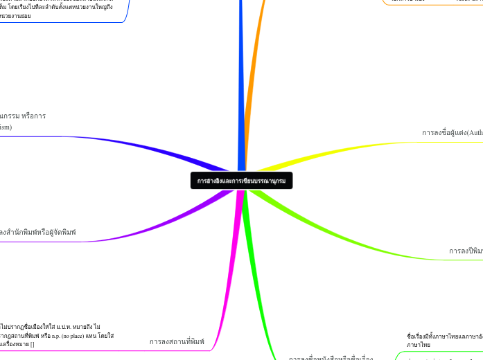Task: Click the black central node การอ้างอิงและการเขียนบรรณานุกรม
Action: pyautogui.click(x=241, y=181)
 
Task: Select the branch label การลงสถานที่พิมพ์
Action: pyautogui.click(x=177, y=341)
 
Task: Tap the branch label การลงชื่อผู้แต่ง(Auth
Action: pyautogui.click(x=452, y=132)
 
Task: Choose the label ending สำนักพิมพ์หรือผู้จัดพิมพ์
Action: pyautogui.click(x=39, y=231)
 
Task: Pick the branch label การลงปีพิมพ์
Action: pyautogui.click(x=465, y=251)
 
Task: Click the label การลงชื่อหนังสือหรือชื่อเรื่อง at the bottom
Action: pyautogui.click(x=331, y=358)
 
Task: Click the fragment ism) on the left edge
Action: pyautogui.click(x=6, y=127)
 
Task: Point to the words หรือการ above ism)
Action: pyautogui.click(x=33, y=116)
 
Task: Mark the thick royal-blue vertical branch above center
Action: pyautogui.click(x=240, y=83)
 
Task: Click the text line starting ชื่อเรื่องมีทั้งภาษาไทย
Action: pyautogui.click(x=444, y=336)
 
